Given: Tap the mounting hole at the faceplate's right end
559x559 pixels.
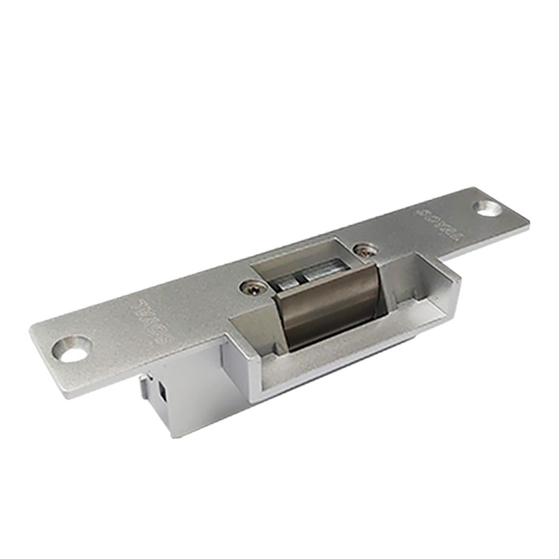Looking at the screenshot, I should (x=487, y=208).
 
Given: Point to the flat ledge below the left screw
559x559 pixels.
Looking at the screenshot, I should (x=252, y=319).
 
